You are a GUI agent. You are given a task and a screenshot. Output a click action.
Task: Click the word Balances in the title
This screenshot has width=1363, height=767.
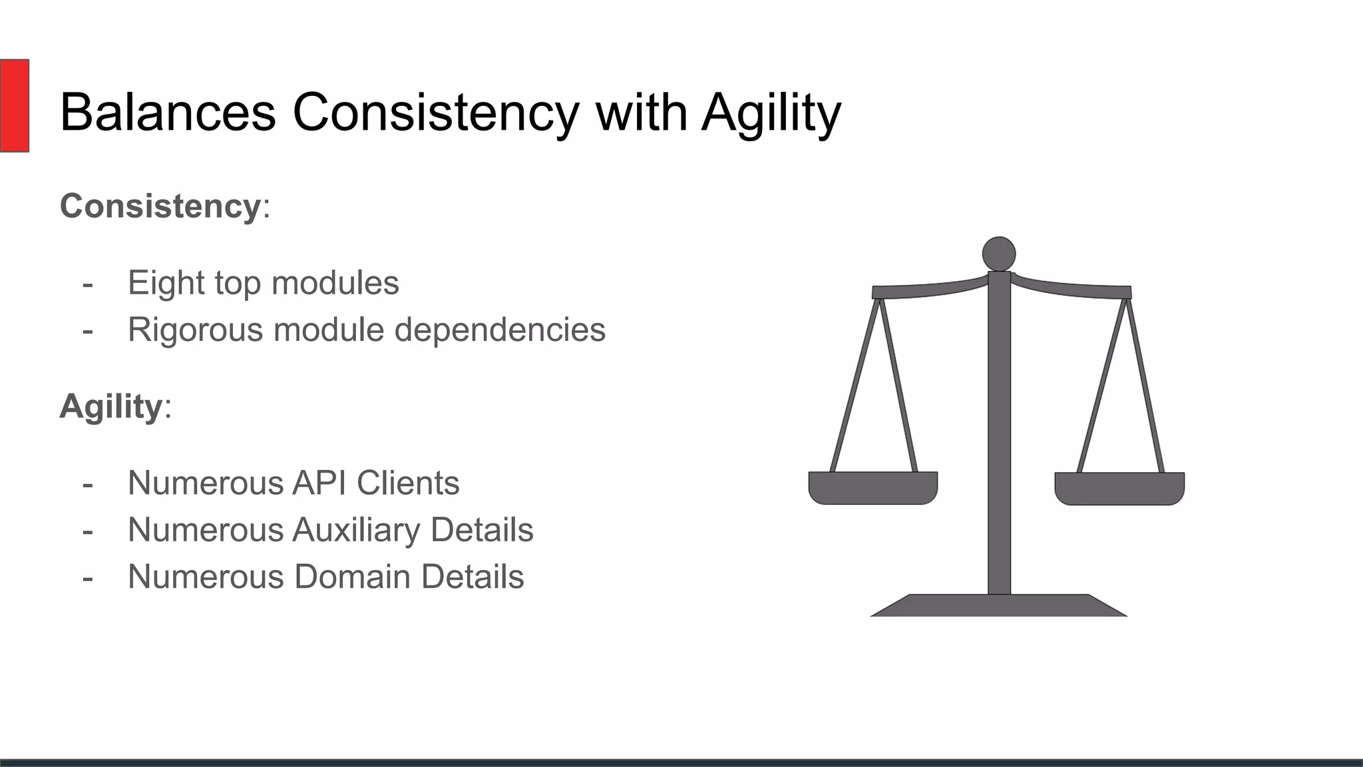168,112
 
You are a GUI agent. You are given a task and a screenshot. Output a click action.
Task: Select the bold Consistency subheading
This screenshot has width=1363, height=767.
160,206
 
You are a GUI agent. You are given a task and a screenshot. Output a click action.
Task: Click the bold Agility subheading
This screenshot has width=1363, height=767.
110,406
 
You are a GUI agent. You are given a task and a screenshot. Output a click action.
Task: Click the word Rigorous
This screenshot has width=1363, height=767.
195,330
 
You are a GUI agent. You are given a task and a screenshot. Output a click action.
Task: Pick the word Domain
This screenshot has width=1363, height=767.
352,577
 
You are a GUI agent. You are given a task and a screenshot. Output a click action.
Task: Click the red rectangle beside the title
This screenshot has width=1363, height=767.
14,105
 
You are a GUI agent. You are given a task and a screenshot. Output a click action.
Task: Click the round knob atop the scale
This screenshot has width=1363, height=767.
998,254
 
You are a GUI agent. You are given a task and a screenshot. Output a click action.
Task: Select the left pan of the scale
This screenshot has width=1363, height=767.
873,487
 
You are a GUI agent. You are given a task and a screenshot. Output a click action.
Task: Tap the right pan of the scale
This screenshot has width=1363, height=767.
1119,488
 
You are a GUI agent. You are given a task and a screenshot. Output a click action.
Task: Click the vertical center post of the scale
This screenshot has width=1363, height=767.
999,433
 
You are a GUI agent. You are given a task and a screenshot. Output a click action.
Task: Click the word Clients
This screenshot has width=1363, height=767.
407,483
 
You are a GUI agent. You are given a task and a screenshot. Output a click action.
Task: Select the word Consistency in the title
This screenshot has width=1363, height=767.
436,112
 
